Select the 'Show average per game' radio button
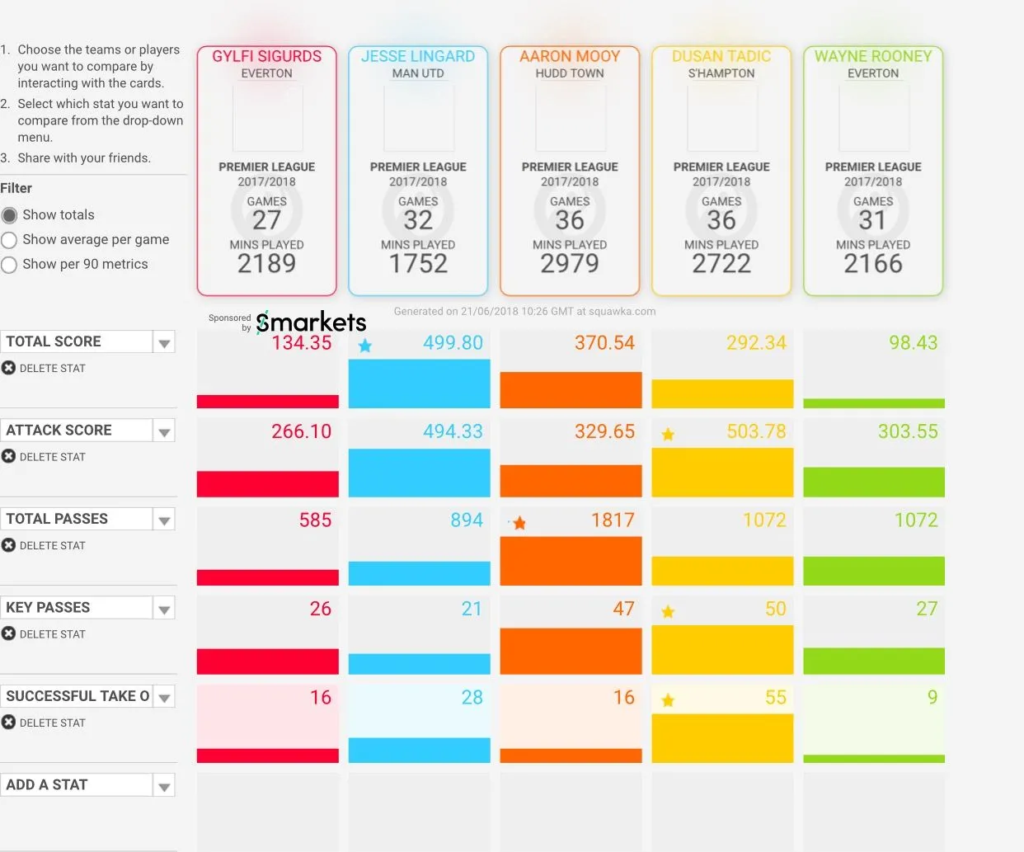pyautogui.click(x=9, y=240)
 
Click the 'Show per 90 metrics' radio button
pyautogui.click(x=9, y=265)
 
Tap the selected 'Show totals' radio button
pyautogui.click(x=9, y=215)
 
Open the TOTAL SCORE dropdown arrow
pyautogui.click(x=164, y=342)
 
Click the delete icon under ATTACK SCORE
pyautogui.click(x=9, y=456)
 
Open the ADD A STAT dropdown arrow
pyautogui.click(x=164, y=786)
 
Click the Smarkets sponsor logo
pyautogui.click(x=311, y=322)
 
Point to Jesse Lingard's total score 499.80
pyautogui.click(x=453, y=343)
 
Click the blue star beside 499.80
pyautogui.click(x=365, y=346)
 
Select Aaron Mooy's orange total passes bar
pyautogui.click(x=571, y=561)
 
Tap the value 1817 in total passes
pyautogui.click(x=613, y=520)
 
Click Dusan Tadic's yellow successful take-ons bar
pyautogui.click(x=722, y=737)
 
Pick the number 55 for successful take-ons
pyautogui.click(x=775, y=698)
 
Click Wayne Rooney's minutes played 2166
pyautogui.click(x=873, y=264)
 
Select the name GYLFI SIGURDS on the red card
pyautogui.click(x=266, y=56)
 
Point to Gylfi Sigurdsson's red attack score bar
pyautogui.click(x=267, y=483)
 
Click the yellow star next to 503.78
pyautogui.click(x=668, y=434)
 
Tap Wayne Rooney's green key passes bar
pyautogui.click(x=874, y=661)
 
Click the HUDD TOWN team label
pyautogui.click(x=570, y=73)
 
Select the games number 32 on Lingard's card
pyautogui.click(x=418, y=220)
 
